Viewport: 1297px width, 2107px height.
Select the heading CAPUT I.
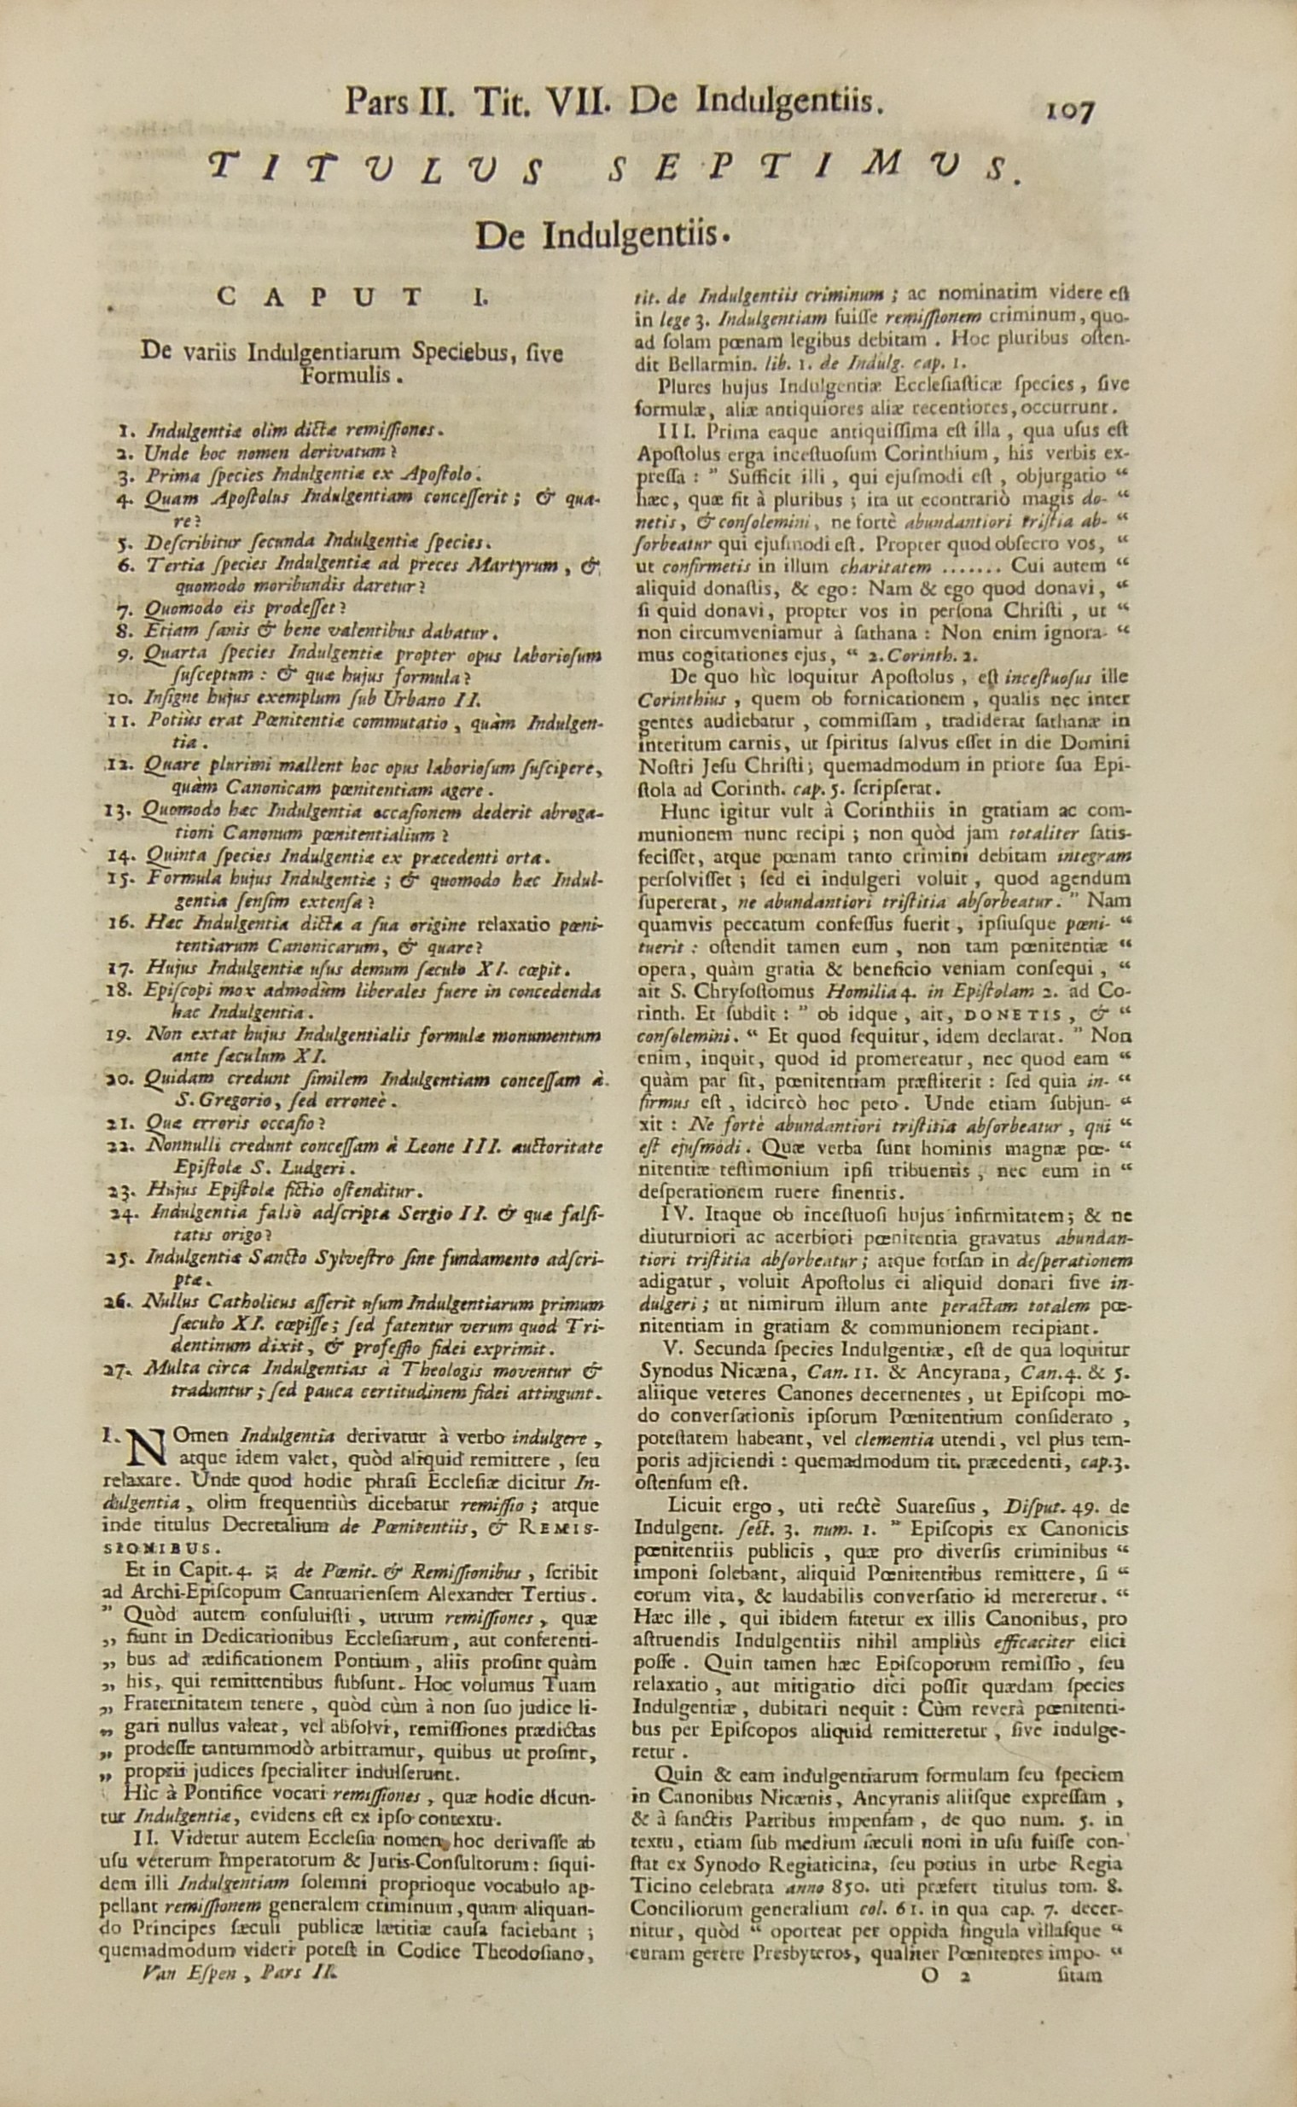352,297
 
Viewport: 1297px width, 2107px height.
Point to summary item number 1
123,428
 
